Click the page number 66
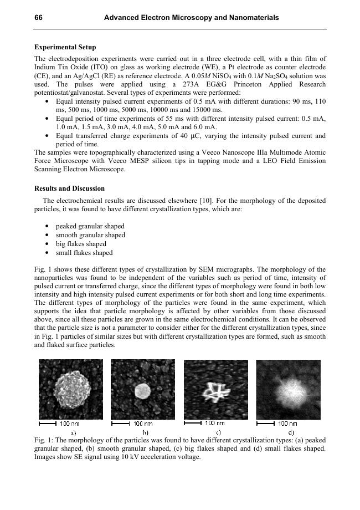click(39, 18)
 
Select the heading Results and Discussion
click(69, 188)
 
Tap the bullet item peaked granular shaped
click(90, 226)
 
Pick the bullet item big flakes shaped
click(81, 244)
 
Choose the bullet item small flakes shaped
click(84, 253)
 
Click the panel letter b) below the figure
click(146, 432)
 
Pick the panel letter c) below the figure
click(218, 432)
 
